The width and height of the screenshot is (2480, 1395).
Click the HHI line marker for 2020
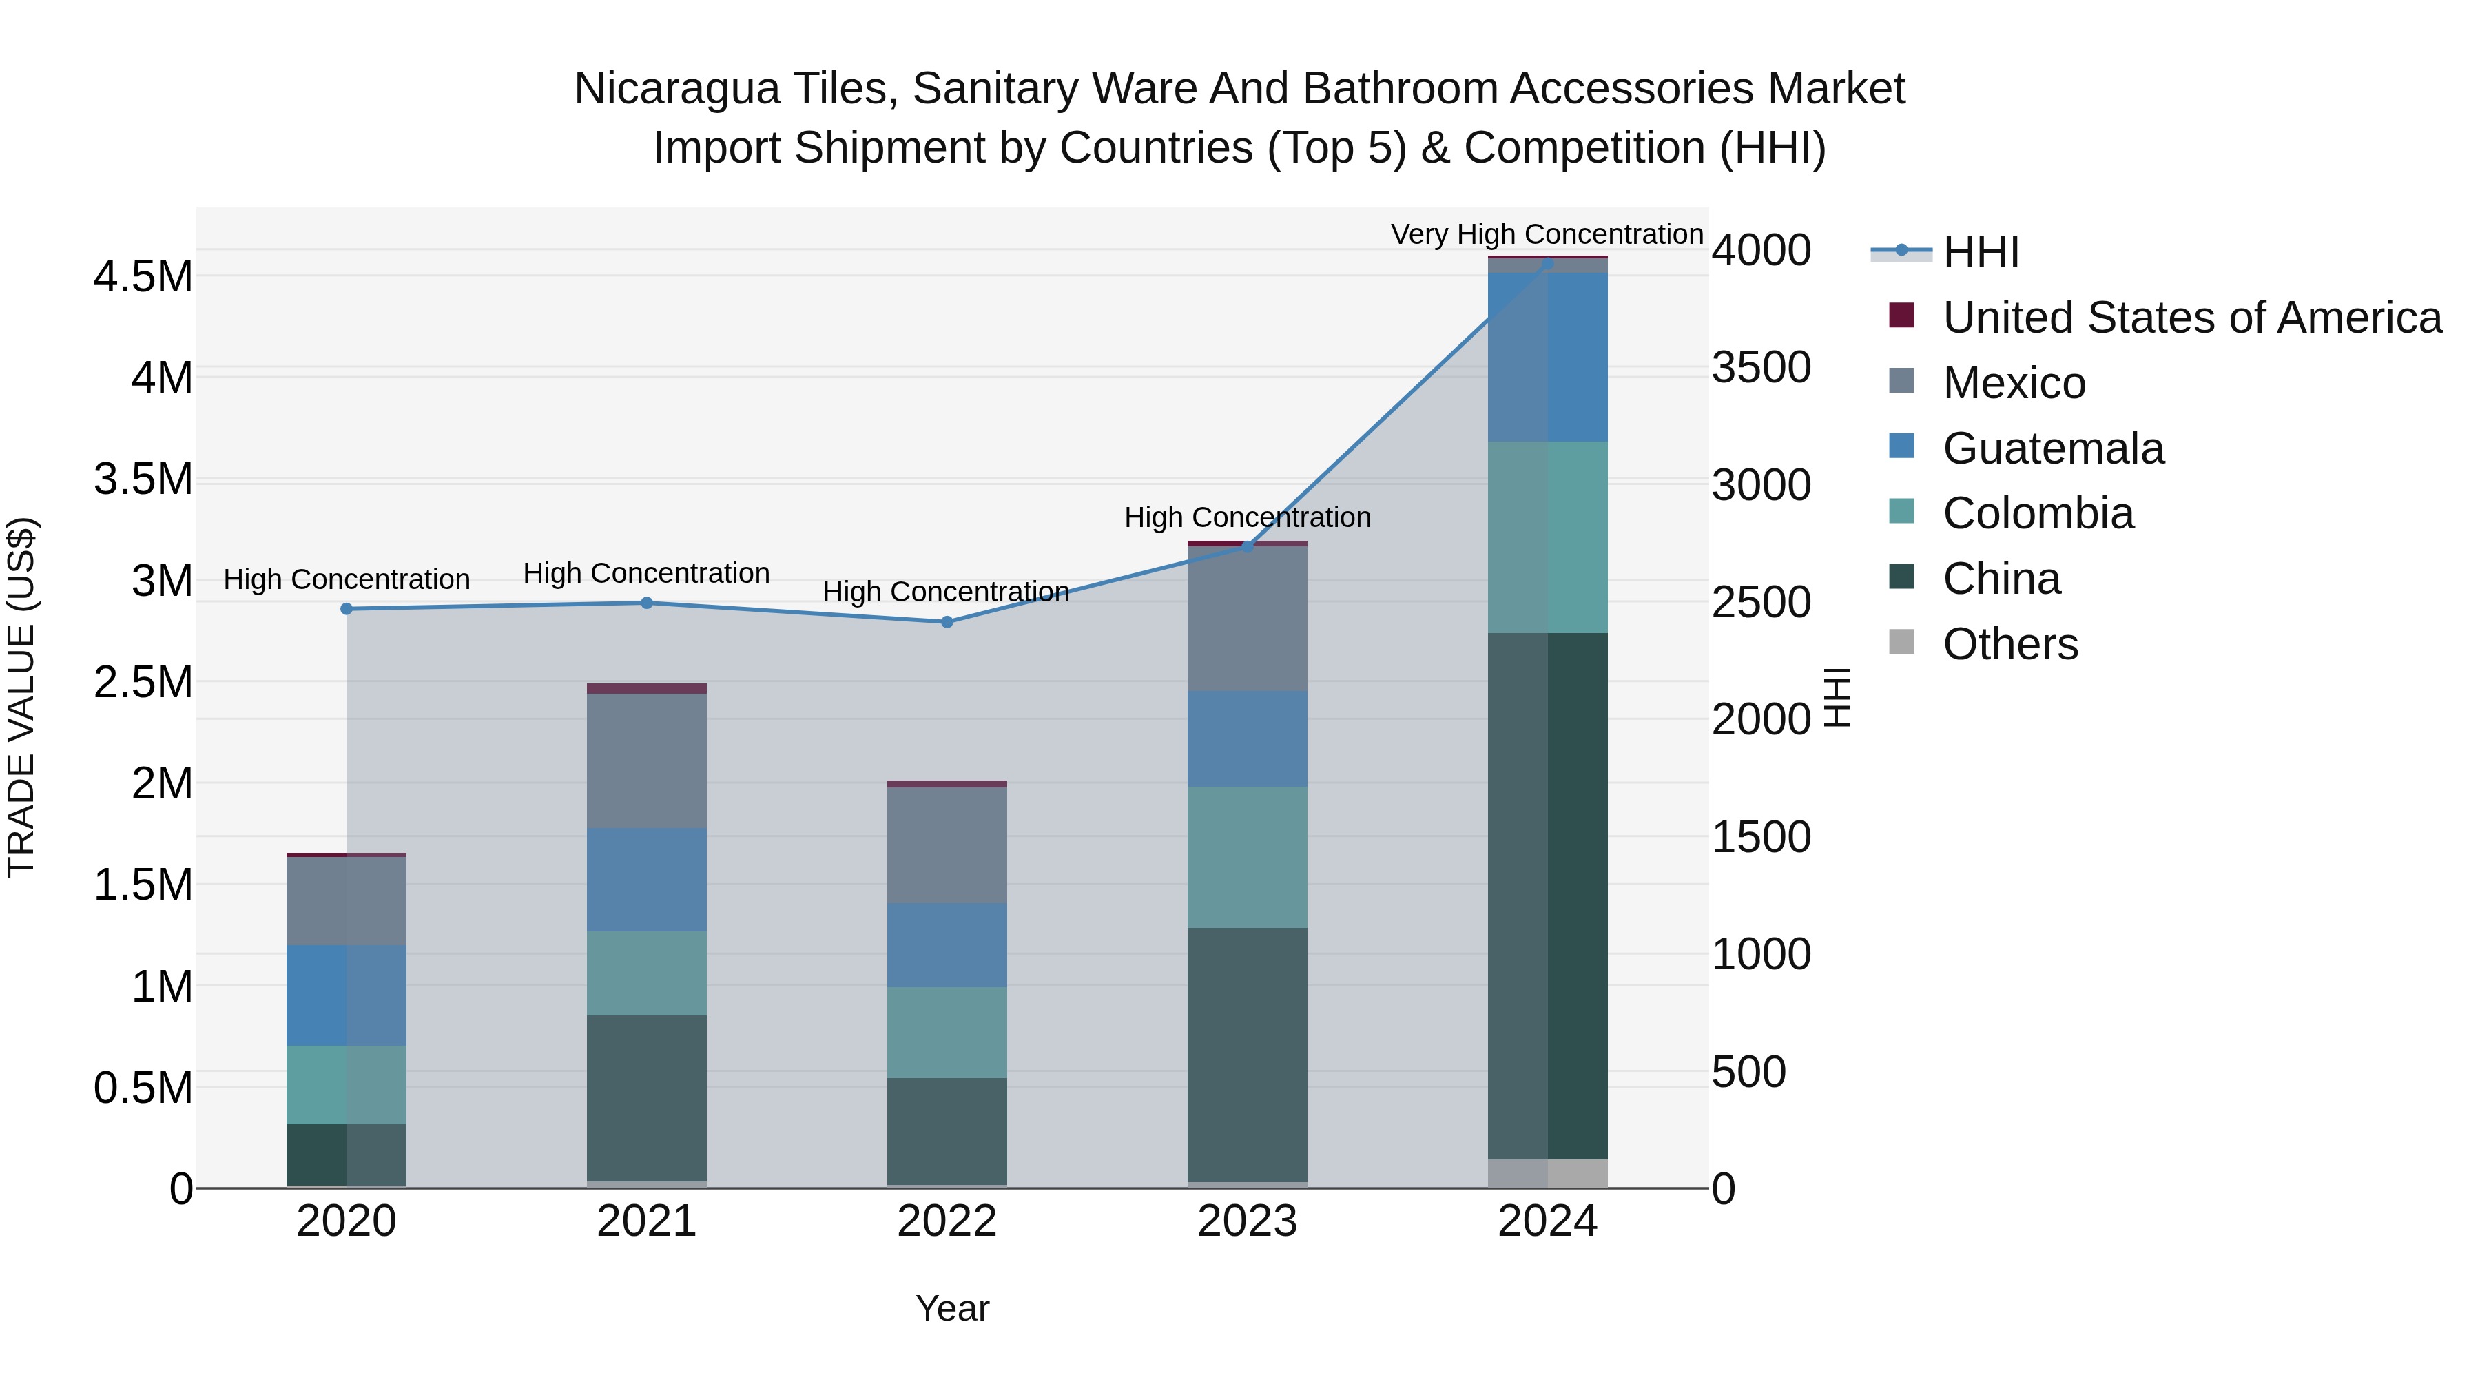coord(347,608)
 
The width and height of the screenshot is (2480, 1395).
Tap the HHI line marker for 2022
coord(947,622)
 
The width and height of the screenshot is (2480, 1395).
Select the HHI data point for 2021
coord(647,603)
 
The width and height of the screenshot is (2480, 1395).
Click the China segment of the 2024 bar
coord(1548,896)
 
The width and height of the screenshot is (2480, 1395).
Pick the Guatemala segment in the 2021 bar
coord(647,879)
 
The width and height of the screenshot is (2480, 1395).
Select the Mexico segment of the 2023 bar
coord(1247,618)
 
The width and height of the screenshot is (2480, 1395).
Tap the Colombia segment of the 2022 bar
coord(947,1032)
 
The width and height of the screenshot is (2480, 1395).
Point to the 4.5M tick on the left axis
coord(143,277)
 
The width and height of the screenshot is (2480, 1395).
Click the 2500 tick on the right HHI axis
coord(1761,603)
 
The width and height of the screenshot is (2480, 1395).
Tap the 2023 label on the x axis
coord(1247,1221)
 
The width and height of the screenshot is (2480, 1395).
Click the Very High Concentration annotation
coord(1547,234)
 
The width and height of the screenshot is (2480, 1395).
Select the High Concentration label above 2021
coord(646,573)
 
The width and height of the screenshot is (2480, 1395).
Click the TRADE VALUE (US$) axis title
coord(21,697)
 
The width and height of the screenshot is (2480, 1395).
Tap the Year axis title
coord(952,1308)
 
